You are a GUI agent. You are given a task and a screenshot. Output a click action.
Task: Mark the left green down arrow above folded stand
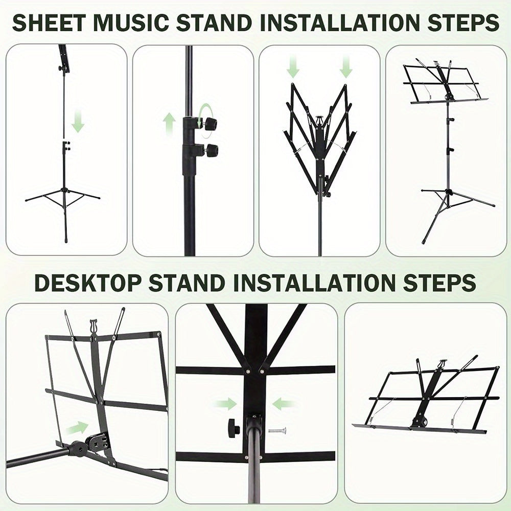(x=293, y=67)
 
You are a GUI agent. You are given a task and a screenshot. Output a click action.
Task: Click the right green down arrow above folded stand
(x=346, y=67)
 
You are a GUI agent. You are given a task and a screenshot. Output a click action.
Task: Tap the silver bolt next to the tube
(x=277, y=430)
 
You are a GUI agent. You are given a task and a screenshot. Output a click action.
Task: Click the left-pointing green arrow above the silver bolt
(x=283, y=404)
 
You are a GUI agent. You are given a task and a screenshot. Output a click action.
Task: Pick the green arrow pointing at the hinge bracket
(x=76, y=427)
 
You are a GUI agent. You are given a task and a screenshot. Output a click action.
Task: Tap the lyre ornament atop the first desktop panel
(x=94, y=326)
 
